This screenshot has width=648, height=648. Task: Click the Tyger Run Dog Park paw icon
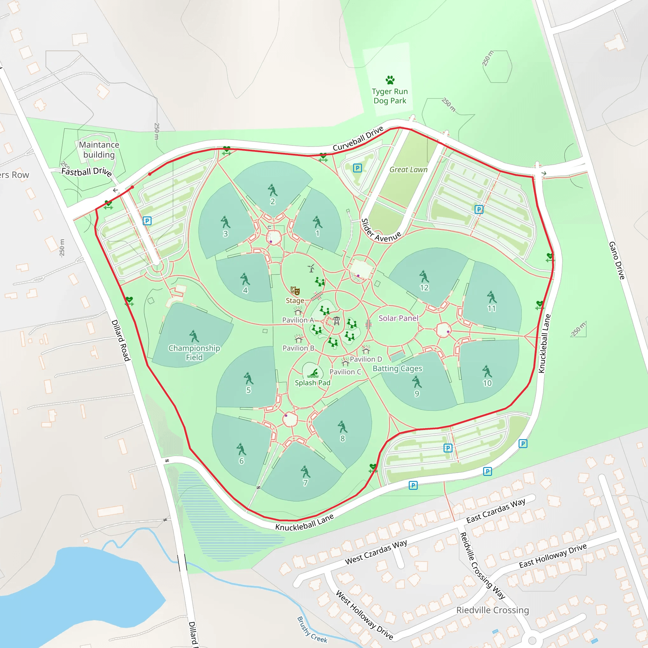point(390,80)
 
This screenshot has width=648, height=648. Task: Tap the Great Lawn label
point(408,170)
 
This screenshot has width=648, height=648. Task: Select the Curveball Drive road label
point(358,139)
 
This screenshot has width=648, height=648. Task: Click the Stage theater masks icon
point(295,290)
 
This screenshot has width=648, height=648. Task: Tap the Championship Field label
point(194,352)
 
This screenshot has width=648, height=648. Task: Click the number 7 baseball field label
point(305,483)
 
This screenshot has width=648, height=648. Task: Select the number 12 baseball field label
point(424,287)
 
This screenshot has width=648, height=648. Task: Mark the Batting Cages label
point(397,368)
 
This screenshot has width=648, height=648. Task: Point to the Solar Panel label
point(398,318)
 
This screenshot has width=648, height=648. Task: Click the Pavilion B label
point(298,348)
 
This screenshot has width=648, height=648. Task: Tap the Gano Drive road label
point(616,260)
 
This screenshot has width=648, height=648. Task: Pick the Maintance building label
point(99,150)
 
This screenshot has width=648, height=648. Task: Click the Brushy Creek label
point(312,630)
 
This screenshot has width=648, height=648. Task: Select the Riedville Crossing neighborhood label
point(492,610)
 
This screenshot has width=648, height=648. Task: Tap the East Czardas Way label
point(496,510)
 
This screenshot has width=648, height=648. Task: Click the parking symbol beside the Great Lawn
point(358,168)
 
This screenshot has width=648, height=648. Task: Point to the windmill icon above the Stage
point(311,268)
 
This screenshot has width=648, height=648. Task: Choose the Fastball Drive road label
point(86,172)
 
